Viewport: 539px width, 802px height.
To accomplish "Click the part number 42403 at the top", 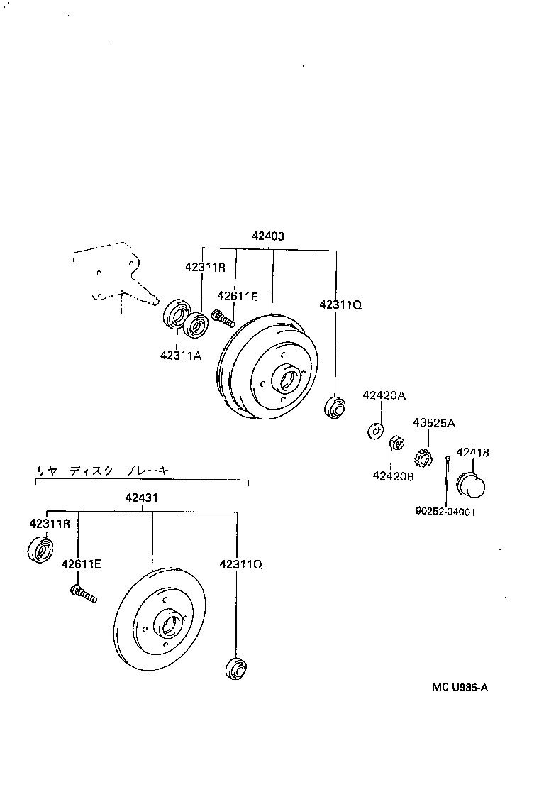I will (x=267, y=236).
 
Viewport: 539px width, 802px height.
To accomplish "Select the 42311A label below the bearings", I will (x=180, y=356).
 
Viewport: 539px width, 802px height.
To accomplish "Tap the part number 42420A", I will (x=384, y=395).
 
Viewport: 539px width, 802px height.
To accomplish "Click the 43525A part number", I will (x=434, y=423).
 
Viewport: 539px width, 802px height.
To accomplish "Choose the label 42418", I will (x=472, y=452).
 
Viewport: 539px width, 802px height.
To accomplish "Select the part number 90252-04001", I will (x=446, y=510).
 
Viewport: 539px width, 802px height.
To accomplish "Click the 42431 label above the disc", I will (x=152, y=499).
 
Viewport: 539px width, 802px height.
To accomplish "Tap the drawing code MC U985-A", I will (x=460, y=687).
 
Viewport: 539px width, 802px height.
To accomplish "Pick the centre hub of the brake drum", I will (x=288, y=379).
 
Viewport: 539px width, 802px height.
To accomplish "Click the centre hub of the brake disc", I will (x=169, y=623).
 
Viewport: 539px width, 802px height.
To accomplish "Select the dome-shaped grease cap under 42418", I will (x=471, y=486).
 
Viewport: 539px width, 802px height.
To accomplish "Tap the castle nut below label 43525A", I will (x=424, y=456).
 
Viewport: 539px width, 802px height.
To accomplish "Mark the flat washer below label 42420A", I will (x=375, y=429).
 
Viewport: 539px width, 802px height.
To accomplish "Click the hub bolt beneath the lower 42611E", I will (x=83, y=593).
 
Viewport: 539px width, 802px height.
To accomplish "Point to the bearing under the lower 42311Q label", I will (x=235, y=669).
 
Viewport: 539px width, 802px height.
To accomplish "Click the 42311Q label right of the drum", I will (x=340, y=304).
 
